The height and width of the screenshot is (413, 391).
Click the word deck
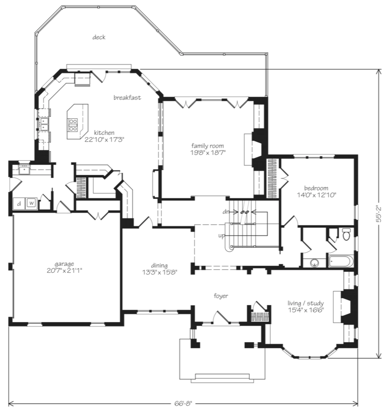pos(99,38)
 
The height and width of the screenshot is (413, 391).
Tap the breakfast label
pos(127,98)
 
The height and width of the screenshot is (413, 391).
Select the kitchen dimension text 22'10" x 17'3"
pos(104,140)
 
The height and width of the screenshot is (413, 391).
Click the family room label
pos(208,146)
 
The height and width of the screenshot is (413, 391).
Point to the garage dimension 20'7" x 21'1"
pos(65,270)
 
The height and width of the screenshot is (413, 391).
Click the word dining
pos(159,265)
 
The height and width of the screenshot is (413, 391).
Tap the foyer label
pos(221,296)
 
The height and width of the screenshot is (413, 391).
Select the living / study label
pos(305,303)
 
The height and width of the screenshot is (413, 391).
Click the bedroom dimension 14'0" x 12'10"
pos(316,195)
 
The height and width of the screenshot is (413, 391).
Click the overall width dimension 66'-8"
pos(183,403)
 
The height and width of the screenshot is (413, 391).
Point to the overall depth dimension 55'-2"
pos(379,214)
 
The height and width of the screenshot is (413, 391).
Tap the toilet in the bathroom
pos(346,234)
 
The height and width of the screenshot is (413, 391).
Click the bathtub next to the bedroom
pos(340,261)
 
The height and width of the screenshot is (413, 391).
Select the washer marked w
pos(31,203)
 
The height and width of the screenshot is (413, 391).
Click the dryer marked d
pos(19,204)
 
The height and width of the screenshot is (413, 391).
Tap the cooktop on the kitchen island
pos(73,125)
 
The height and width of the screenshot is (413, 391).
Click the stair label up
pos(221,236)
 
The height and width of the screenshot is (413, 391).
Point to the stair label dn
pos(226,212)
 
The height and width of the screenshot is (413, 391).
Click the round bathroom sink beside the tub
pos(314,263)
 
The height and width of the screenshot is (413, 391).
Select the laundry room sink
pos(24,170)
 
